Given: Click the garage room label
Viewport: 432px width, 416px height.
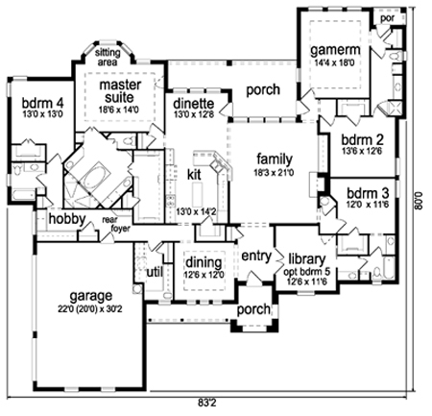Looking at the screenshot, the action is tap(91, 296).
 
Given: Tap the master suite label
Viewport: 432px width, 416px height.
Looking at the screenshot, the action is tap(120, 91).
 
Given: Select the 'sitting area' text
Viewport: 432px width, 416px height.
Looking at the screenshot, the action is tap(108, 57).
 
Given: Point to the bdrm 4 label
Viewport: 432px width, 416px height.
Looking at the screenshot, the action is tap(42, 104).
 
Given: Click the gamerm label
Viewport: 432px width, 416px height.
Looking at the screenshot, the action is tap(335, 50).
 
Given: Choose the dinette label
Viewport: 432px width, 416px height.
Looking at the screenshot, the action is tap(194, 104).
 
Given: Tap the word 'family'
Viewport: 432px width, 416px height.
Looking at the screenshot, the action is tap(275, 159).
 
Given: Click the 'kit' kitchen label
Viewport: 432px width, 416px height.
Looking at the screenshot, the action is tap(194, 175).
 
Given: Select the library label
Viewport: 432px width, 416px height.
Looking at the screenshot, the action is tap(306, 259).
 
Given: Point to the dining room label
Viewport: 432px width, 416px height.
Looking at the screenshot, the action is tap(204, 263).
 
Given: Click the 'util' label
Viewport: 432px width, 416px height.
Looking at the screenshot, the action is tap(155, 273).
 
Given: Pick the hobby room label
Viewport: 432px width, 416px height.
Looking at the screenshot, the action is tap(67, 219).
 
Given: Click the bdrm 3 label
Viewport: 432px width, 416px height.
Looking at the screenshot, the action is tap(368, 193).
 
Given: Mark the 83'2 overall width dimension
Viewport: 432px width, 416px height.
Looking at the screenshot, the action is tap(206, 404).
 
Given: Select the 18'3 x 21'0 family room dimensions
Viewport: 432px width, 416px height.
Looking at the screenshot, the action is tap(274, 173).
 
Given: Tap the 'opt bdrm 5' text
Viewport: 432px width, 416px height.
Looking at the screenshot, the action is tap(306, 272).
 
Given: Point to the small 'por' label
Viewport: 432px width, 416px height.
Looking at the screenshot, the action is tap(387, 18).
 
